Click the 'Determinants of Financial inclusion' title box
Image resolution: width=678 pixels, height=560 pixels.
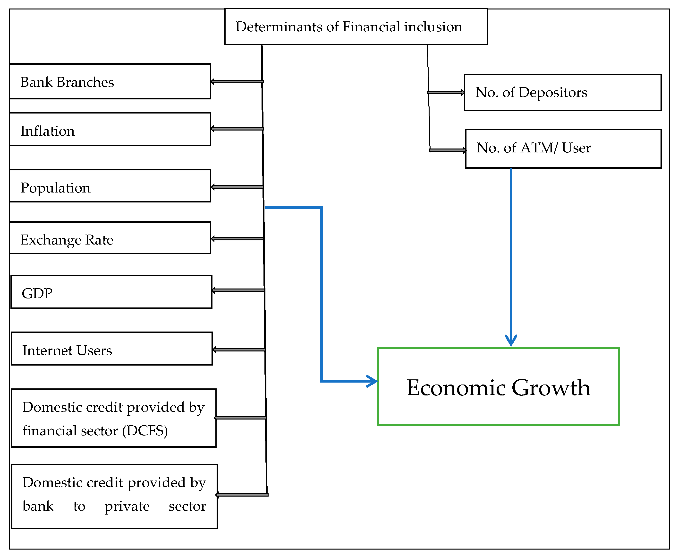356,27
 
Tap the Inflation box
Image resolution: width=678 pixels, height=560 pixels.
110,129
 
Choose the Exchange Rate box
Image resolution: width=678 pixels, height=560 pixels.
110,238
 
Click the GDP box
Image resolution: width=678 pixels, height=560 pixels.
111,292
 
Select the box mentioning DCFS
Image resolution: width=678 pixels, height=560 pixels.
113,418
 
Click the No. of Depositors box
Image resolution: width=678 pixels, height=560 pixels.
562,93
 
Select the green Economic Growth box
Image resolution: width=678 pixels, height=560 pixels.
498,386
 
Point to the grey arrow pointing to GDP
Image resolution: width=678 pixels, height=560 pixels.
238,290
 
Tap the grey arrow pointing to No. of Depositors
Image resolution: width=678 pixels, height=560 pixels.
446,93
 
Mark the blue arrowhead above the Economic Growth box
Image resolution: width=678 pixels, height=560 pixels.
511,340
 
